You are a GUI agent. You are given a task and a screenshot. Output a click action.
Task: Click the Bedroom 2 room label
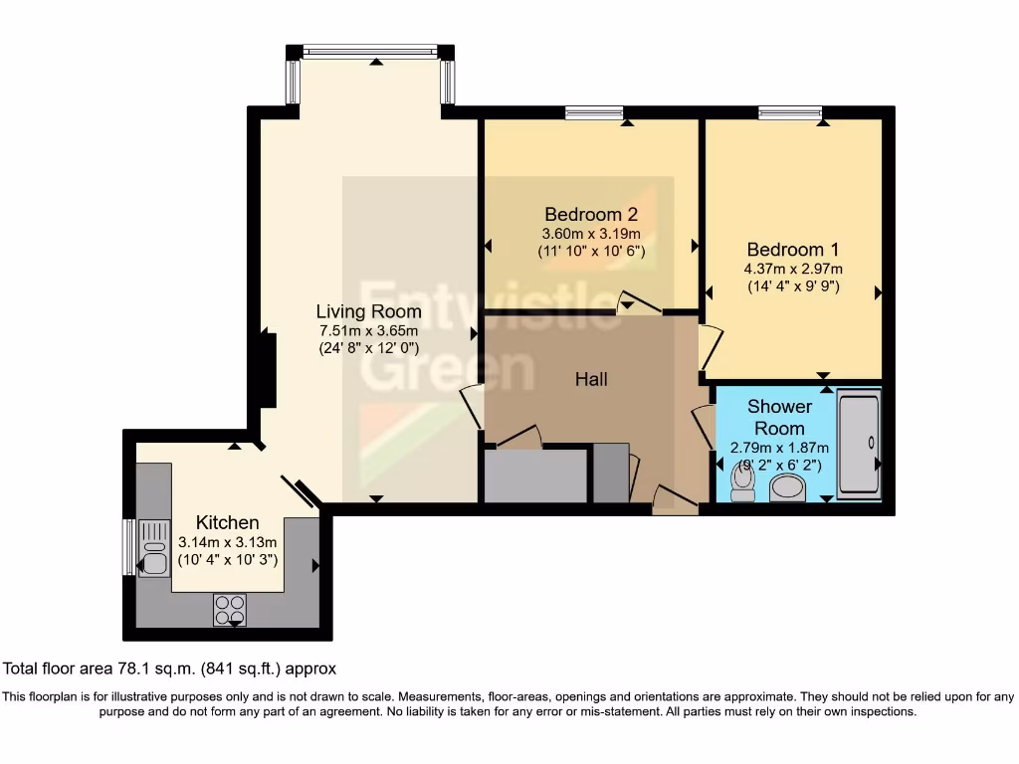click(x=590, y=214)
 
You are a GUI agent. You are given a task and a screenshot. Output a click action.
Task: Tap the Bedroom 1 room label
click(x=785, y=250)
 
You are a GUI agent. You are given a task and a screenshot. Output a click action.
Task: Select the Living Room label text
click(x=368, y=311)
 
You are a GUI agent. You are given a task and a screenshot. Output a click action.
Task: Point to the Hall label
click(x=591, y=379)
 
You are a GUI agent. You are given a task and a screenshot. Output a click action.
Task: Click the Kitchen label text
click(x=227, y=522)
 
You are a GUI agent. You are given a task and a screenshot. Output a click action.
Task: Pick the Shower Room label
click(x=779, y=417)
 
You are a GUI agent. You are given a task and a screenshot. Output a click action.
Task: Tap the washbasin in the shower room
click(x=789, y=487)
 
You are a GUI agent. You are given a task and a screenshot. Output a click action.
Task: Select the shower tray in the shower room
click(x=859, y=443)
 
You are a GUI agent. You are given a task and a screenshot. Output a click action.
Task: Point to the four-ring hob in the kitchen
click(x=230, y=608)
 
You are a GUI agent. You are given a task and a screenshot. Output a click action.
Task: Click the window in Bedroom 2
click(x=594, y=112)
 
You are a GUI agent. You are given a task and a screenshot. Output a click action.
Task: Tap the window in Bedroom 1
click(x=790, y=112)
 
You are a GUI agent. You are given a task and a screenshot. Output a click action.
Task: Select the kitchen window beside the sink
click(x=128, y=547)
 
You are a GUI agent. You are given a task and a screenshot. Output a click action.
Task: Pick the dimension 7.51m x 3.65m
click(x=368, y=330)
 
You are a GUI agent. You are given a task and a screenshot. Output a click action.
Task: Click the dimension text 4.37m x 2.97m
click(x=793, y=269)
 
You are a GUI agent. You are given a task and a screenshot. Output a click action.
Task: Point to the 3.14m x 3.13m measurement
click(x=227, y=542)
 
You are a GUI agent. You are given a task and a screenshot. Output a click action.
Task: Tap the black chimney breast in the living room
click(x=268, y=370)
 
